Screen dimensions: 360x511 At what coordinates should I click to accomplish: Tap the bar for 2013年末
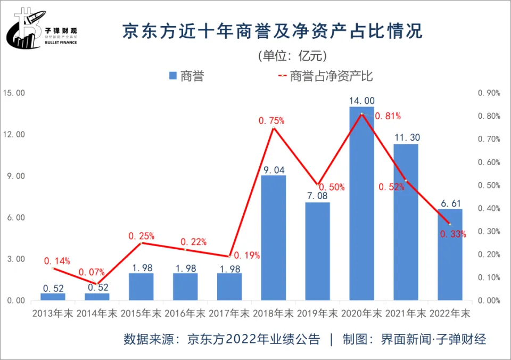53,297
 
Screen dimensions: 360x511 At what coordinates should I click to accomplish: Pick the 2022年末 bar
450,256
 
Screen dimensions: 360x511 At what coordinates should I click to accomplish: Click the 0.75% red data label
271,121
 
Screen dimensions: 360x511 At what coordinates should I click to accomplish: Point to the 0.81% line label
388,116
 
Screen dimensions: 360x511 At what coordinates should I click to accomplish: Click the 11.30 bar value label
406,138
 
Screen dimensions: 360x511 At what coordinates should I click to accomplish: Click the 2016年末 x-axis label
185,314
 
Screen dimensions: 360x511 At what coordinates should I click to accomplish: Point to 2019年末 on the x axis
317,314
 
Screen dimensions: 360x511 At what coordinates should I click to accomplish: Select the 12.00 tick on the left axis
14,135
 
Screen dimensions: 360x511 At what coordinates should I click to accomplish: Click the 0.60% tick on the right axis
489,162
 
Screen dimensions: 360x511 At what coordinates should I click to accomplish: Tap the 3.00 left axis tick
14,259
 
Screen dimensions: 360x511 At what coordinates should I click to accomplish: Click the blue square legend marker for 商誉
172,76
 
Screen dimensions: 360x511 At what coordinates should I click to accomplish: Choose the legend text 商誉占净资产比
331,76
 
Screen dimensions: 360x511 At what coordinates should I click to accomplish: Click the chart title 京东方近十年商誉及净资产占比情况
273,31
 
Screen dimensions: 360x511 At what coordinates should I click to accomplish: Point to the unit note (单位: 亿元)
292,55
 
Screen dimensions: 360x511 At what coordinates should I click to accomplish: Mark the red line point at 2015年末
141,243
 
